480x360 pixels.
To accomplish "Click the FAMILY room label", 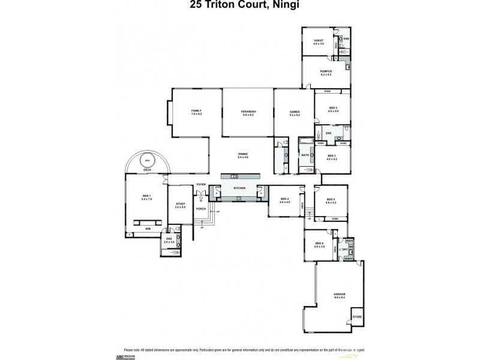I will click(196, 112).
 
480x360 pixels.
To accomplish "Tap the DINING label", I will click(243, 155).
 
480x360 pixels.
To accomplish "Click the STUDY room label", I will click(180, 204).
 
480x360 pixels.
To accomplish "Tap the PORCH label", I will click(201, 209).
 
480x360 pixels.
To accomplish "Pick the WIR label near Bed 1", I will click(147, 229).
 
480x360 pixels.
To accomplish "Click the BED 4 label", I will click(284, 200).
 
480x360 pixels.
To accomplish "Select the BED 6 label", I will click(319, 244).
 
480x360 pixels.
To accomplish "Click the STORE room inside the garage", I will click(357, 316).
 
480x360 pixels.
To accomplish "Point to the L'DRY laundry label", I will click(344, 249).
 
